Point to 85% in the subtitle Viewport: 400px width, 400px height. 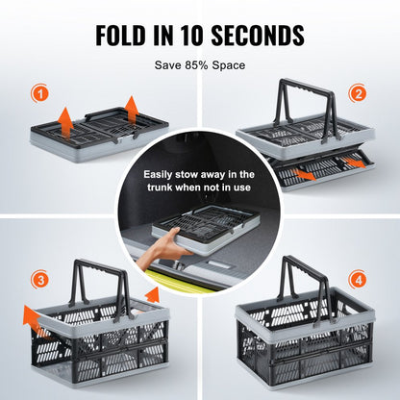(x=199, y=65)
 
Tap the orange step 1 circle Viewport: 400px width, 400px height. (x=38, y=93)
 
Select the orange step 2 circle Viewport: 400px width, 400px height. (x=359, y=93)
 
